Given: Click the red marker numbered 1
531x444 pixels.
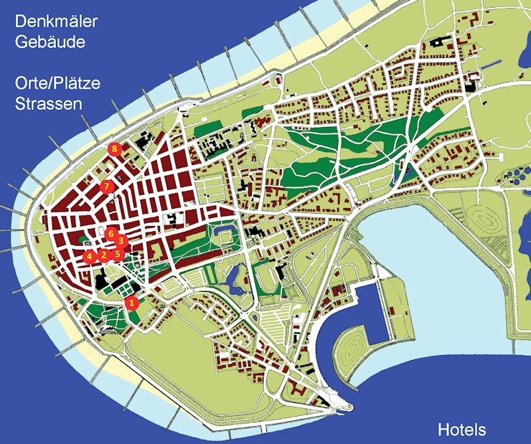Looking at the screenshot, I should (131, 303).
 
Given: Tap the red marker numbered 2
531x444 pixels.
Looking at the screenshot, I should (103, 255).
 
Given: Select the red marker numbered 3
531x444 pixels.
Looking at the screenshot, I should (121, 241).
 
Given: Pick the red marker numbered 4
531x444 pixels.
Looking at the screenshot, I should (89, 256).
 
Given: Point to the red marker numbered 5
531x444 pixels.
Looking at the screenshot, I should (118, 254).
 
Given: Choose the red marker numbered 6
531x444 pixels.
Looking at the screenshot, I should (111, 233).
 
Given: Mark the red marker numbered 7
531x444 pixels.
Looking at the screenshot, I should (107, 186).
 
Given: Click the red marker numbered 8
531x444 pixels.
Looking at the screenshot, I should (113, 148).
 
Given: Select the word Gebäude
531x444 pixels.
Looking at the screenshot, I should (50, 42).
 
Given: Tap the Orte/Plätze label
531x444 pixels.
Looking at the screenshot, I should (57, 82).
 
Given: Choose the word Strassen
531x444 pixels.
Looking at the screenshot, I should (48, 104).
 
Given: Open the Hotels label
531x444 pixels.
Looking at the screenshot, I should (461, 430).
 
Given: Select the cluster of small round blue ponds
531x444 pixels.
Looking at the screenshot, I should (517, 176).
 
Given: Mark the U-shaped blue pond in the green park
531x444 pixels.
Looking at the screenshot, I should (222, 233).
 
